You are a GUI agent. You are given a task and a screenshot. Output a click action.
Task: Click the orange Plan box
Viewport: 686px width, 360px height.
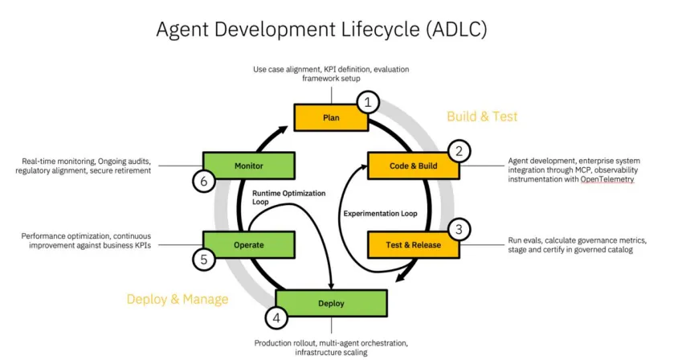pyautogui.click(x=331, y=117)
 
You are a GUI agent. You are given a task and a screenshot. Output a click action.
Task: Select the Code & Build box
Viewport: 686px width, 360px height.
pyautogui.click(x=413, y=166)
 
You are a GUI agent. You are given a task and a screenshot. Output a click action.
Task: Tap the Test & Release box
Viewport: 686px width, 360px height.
pyautogui.click(x=413, y=245)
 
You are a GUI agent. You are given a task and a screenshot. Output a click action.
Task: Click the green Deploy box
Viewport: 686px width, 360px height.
pyautogui.click(x=331, y=303)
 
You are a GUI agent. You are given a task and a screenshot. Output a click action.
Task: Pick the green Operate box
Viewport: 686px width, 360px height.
pyautogui.click(x=248, y=245)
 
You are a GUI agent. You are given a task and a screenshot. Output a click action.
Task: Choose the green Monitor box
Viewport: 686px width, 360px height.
pyautogui.click(x=248, y=166)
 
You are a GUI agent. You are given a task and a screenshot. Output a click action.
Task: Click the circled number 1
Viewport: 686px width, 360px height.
pyautogui.click(x=368, y=102)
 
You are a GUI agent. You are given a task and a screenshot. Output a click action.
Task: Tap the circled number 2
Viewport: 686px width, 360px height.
pyautogui.click(x=459, y=150)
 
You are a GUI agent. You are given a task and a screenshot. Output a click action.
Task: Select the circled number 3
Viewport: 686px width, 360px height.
pyautogui.click(x=459, y=229)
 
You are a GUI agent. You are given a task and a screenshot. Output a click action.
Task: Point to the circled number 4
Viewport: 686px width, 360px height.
pyautogui.click(x=277, y=318)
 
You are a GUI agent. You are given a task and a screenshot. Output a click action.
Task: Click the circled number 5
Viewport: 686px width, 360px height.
pyautogui.click(x=203, y=260)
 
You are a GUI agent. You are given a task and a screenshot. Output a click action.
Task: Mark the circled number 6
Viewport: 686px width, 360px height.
pyautogui.click(x=203, y=182)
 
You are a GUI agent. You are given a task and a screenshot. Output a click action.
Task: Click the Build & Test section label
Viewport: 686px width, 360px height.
pyautogui.click(x=482, y=117)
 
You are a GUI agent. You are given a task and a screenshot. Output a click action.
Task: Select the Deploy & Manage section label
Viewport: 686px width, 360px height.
pyautogui.click(x=178, y=299)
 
